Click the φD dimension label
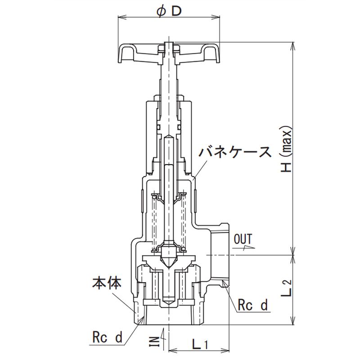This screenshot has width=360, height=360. (x=169, y=12)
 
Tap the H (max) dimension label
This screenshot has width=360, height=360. (x=286, y=149)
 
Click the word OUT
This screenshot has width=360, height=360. (x=243, y=239)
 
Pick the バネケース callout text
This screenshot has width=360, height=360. (x=235, y=152)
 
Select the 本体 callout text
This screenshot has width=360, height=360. (x=107, y=283)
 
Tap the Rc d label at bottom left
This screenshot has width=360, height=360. (x=107, y=337)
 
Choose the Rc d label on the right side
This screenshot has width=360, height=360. (x=252, y=305)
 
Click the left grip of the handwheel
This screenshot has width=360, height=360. (x=126, y=53)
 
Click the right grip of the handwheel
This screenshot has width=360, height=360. (x=211, y=53)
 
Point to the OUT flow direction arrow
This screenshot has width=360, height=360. (x=244, y=247)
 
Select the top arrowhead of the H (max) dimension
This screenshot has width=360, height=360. (x=293, y=46)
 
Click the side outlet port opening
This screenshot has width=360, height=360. (x=220, y=255)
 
